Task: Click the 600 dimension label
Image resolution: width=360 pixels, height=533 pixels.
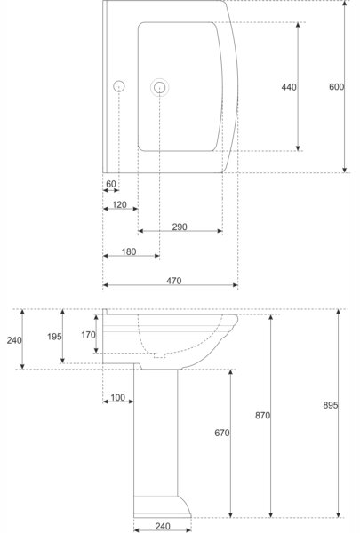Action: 336,87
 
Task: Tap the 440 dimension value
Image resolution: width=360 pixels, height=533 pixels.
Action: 289,87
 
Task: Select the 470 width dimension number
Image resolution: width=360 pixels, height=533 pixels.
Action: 174,281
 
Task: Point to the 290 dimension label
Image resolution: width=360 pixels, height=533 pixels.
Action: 180,227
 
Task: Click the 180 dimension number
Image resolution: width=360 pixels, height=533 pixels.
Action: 129,252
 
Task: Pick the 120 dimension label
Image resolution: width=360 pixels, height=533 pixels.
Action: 119,205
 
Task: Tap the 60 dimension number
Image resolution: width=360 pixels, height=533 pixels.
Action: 111,184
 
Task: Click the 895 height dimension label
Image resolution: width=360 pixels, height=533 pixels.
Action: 331,405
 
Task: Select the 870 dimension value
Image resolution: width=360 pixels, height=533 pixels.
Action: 262,416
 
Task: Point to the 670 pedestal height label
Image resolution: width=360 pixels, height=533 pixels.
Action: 222,433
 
